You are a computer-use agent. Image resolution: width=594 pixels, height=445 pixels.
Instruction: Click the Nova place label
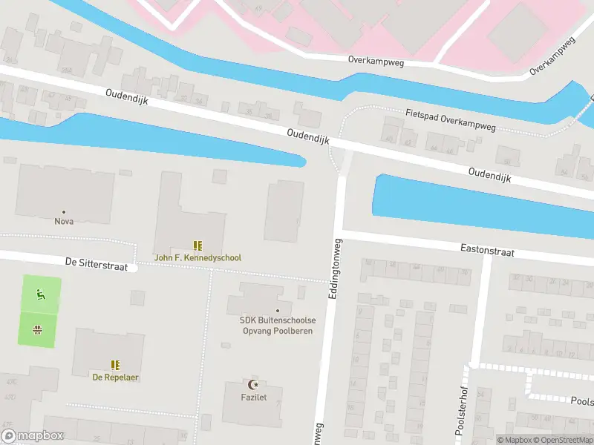click(63, 221)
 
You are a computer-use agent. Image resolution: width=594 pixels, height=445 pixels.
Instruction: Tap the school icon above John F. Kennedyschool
click(198, 245)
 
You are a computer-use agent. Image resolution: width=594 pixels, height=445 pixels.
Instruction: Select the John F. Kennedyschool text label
click(198, 258)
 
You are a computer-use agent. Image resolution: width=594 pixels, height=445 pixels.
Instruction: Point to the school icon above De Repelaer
click(115, 365)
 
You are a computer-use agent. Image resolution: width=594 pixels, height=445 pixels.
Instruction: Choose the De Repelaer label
click(115, 377)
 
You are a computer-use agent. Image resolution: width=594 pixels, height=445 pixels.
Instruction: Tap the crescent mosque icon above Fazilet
click(255, 384)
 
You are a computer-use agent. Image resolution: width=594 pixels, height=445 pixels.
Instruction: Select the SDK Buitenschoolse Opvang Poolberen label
click(278, 325)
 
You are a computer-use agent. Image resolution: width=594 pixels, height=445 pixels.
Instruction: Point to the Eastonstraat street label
click(487, 252)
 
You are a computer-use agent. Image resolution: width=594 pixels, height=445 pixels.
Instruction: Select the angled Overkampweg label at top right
click(553, 57)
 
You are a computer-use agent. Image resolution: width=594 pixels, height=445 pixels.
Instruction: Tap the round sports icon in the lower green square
click(37, 329)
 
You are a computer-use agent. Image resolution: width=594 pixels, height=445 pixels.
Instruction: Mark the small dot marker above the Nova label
click(63, 211)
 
